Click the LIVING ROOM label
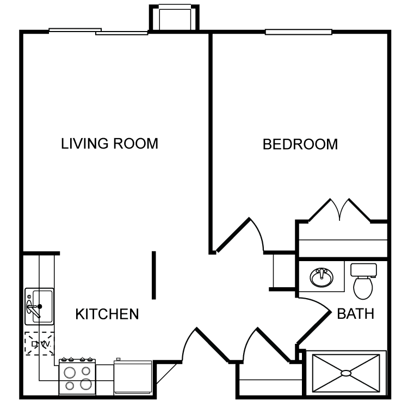[x=109, y=144]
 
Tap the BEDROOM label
[x=300, y=144]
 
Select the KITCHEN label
[x=107, y=314]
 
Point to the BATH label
[x=355, y=313]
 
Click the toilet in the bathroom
[x=363, y=282]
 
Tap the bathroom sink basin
[x=322, y=277]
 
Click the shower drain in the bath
[x=346, y=373]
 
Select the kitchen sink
[x=39, y=306]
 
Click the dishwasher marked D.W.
[x=40, y=343]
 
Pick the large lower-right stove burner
[x=86, y=384]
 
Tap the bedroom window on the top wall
[x=299, y=32]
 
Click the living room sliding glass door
[x=98, y=32]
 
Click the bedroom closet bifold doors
[x=339, y=210]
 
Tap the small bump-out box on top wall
[x=174, y=17]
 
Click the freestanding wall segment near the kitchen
[x=154, y=275]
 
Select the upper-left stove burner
[x=70, y=373]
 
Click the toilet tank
[x=363, y=270]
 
